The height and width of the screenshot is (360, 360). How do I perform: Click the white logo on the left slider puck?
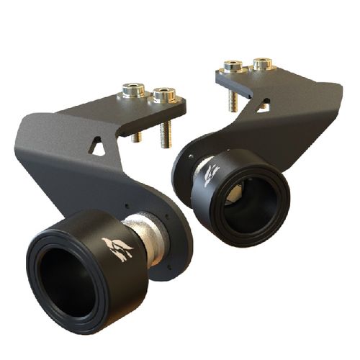point(117,248)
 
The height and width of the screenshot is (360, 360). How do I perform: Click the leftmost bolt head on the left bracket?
point(132,90)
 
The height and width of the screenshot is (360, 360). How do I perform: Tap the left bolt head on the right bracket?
point(233,66)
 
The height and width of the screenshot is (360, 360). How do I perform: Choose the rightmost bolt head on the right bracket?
point(262,63)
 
